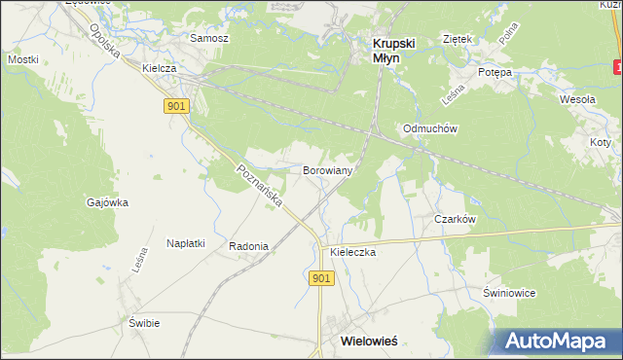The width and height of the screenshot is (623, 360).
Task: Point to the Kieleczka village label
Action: tap(352, 251)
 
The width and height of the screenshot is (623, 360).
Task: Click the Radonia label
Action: tap(248, 246)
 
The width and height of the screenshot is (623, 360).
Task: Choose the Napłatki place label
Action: tap(186, 243)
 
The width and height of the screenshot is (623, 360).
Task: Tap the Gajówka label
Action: tap(107, 202)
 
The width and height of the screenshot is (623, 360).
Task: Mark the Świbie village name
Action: tap(144, 322)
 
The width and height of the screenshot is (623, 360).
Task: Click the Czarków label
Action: tap(455, 219)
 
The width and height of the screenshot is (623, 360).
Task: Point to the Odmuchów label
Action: tap(430, 128)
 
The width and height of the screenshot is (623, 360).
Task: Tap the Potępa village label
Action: tap(495, 73)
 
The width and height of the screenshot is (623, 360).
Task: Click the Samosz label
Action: tap(209, 38)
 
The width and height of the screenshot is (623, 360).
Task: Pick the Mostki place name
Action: tap(22, 59)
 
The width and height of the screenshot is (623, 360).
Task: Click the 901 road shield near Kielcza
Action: tap(175, 106)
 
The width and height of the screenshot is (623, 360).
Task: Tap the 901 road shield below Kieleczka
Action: tap(323, 278)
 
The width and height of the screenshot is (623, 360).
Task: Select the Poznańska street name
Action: tap(259, 185)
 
